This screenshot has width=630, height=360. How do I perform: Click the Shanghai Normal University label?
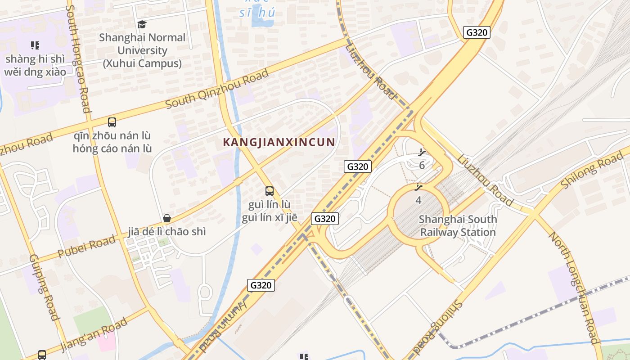(142, 50)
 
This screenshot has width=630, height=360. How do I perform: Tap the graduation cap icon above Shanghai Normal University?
(142, 24)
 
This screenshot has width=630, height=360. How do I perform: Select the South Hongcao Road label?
(79, 58)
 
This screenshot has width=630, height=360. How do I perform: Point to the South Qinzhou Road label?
(217, 89)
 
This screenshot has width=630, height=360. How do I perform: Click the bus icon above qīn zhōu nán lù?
(112, 122)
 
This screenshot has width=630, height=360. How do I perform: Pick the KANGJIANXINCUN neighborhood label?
(279, 142)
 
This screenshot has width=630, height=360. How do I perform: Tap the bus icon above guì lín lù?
(270, 191)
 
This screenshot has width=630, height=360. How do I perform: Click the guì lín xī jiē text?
(270, 218)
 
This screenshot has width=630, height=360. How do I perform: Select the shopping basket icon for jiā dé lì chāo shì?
(167, 218)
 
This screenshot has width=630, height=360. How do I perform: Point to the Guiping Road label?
(44, 287)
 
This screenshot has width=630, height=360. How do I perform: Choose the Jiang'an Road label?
(94, 335)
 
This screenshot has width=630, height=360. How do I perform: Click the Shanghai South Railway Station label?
(458, 226)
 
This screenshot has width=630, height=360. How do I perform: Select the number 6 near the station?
(422, 165)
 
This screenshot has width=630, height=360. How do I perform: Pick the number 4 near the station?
(418, 200)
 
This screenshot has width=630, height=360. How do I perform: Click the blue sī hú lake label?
(257, 12)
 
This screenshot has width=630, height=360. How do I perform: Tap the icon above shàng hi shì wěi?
(35, 45)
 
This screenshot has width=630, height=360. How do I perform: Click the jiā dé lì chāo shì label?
(167, 232)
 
